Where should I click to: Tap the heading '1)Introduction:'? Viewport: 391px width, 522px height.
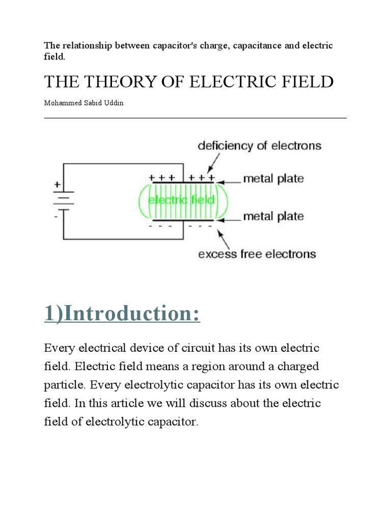(x=122, y=314)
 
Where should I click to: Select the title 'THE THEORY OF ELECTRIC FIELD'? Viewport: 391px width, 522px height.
(x=189, y=81)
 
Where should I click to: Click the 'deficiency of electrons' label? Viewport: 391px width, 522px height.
(x=259, y=146)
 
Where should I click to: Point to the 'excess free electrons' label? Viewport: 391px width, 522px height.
(x=257, y=253)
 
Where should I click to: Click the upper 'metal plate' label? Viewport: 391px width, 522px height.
(x=273, y=179)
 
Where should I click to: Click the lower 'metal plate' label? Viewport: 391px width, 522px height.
(x=273, y=217)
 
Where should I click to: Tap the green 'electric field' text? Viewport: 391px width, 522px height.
(x=181, y=200)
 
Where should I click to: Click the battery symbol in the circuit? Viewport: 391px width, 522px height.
(x=63, y=200)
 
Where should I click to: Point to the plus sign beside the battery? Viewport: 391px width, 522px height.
(x=57, y=184)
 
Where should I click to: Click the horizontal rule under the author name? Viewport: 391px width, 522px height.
(x=195, y=118)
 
